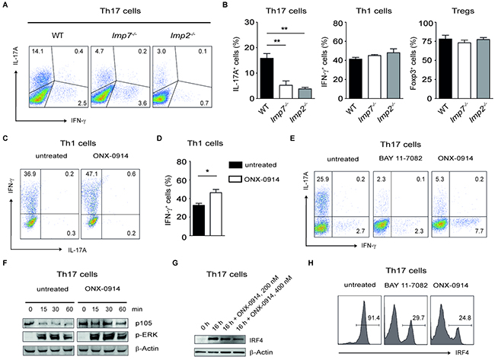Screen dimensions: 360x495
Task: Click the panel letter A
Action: [x=6, y=6]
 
